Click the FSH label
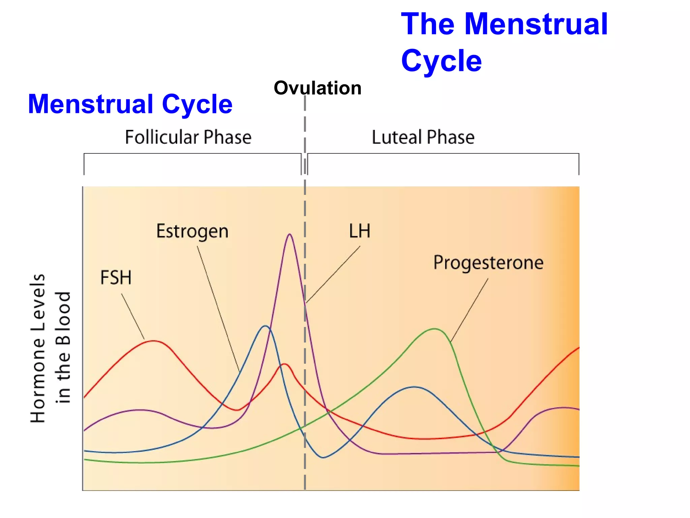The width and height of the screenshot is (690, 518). (116, 278)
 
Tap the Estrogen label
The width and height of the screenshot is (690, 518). (192, 232)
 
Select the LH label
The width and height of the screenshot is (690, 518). (359, 231)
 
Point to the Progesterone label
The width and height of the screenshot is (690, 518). (488, 263)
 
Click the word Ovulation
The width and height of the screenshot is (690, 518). (317, 88)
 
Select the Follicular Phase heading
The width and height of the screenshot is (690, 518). (188, 137)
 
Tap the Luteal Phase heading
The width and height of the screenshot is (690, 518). (423, 137)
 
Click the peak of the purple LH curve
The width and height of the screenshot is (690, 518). (290, 234)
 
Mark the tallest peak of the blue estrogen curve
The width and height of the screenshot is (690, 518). (265, 326)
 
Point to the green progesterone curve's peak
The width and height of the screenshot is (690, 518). (435, 329)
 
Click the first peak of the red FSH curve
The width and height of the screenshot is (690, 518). (154, 341)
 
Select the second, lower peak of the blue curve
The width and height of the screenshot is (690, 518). (414, 387)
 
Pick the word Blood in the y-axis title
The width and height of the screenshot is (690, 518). (63, 318)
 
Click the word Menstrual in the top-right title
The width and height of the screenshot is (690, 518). (536, 24)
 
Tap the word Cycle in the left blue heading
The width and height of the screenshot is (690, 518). (197, 104)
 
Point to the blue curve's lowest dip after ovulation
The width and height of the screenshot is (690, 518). (323, 458)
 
